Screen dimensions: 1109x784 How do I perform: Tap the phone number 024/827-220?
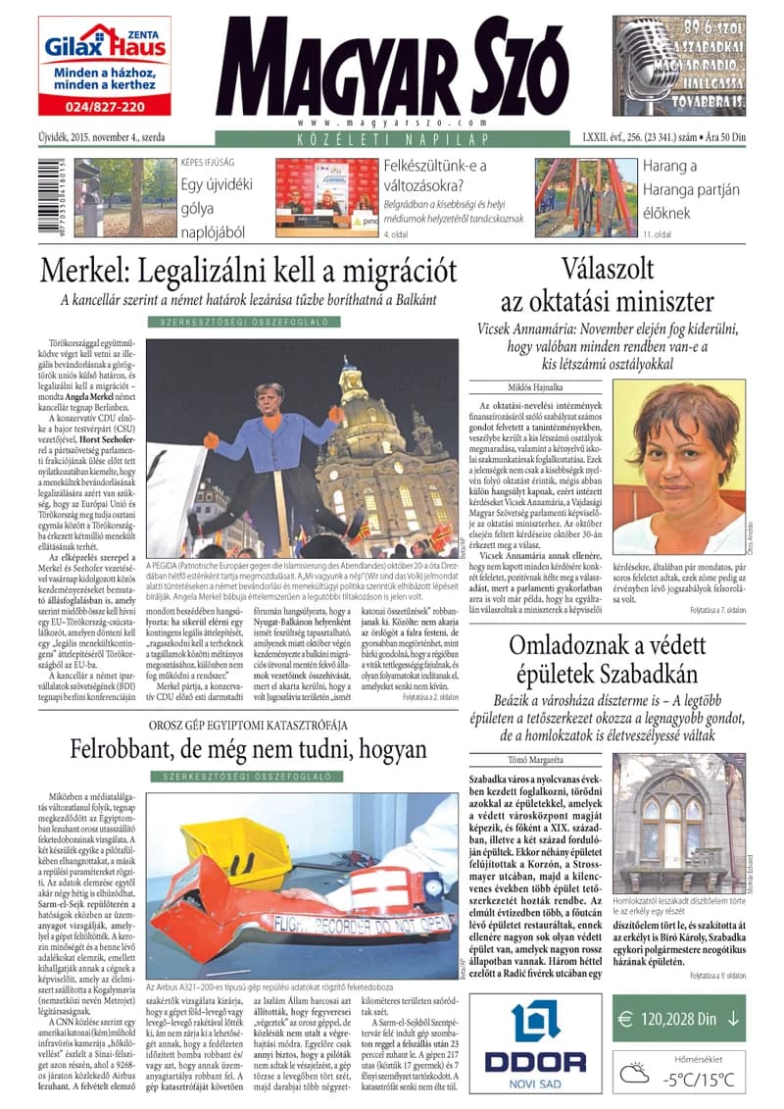point(104,106)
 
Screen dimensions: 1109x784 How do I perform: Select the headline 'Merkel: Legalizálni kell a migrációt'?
point(249,270)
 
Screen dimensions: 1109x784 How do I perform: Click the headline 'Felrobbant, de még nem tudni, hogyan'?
point(248,750)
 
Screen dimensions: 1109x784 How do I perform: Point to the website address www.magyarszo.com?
point(390,124)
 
